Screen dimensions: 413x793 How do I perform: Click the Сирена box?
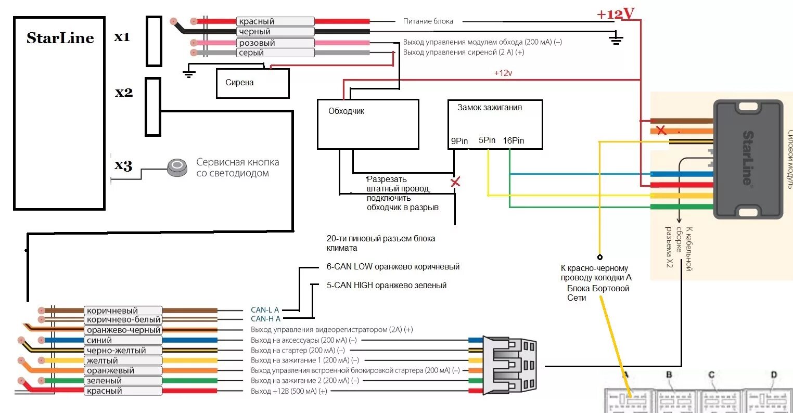click(x=252, y=83)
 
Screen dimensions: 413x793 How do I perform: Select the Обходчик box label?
click(x=347, y=111)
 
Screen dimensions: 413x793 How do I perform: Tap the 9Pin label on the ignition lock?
click(x=459, y=141)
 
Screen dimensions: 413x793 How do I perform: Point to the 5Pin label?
click(x=487, y=140)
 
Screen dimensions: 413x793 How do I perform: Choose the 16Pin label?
click(x=513, y=140)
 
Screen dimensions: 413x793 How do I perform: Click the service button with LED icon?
click(x=177, y=167)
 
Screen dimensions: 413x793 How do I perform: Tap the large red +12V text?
click(x=616, y=14)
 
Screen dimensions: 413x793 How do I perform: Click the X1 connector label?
click(x=122, y=37)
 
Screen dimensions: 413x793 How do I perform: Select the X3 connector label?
click(x=123, y=165)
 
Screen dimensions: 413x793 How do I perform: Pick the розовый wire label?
click(x=257, y=43)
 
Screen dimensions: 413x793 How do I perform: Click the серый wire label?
click(x=251, y=53)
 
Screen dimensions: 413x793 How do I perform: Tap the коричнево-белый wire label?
click(x=124, y=320)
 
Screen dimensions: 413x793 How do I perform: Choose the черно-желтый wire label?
click(x=117, y=351)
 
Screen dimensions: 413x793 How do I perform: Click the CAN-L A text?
click(x=265, y=310)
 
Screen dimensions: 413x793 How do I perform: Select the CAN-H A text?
click(x=265, y=319)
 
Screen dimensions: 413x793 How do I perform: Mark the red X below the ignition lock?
click(x=455, y=182)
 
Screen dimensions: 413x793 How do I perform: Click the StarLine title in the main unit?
click(x=60, y=38)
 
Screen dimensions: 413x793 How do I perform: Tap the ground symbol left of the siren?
click(x=189, y=72)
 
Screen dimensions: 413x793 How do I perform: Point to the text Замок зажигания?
click(x=490, y=108)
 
